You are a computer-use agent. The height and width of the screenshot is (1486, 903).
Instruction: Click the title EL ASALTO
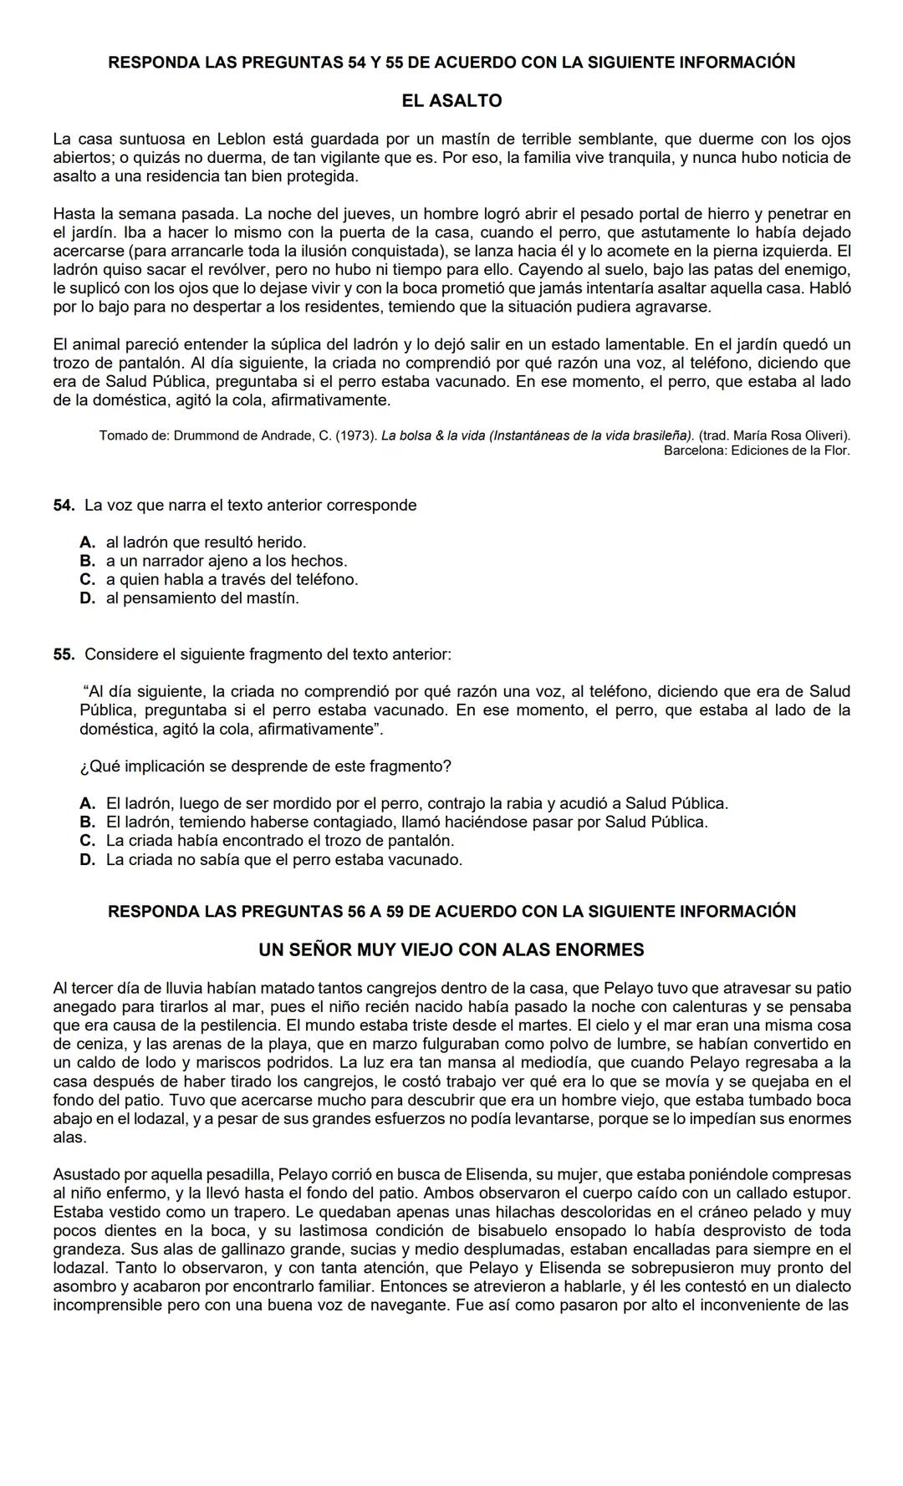[x=451, y=101]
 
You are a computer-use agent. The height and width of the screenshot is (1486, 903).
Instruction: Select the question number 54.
[x=64, y=506]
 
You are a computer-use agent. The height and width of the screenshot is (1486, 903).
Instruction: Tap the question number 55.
[x=64, y=654]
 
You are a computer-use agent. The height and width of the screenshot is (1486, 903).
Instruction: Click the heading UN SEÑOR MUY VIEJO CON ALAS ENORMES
[x=451, y=950]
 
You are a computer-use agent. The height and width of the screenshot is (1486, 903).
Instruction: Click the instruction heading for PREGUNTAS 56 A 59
[x=451, y=912]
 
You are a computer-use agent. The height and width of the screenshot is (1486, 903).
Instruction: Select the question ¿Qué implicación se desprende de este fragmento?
[x=266, y=766]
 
